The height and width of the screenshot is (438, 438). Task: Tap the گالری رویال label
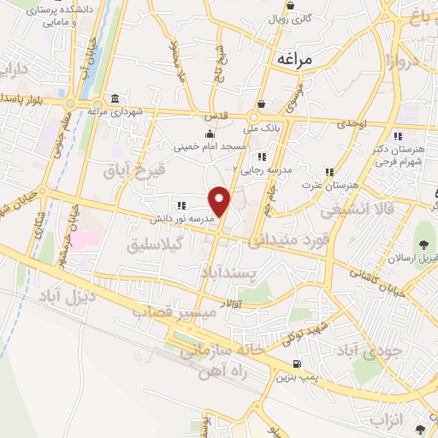point(301,17)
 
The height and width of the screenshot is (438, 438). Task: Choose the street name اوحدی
point(351,125)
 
